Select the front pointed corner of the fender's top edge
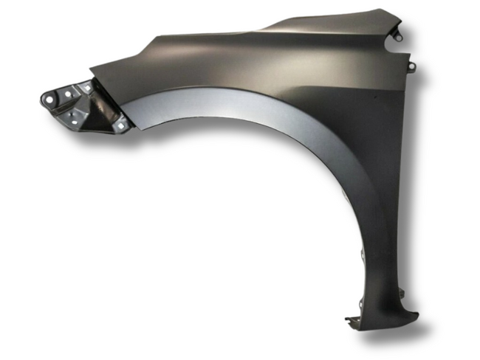[91, 72]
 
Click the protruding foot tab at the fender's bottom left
[351, 320]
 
